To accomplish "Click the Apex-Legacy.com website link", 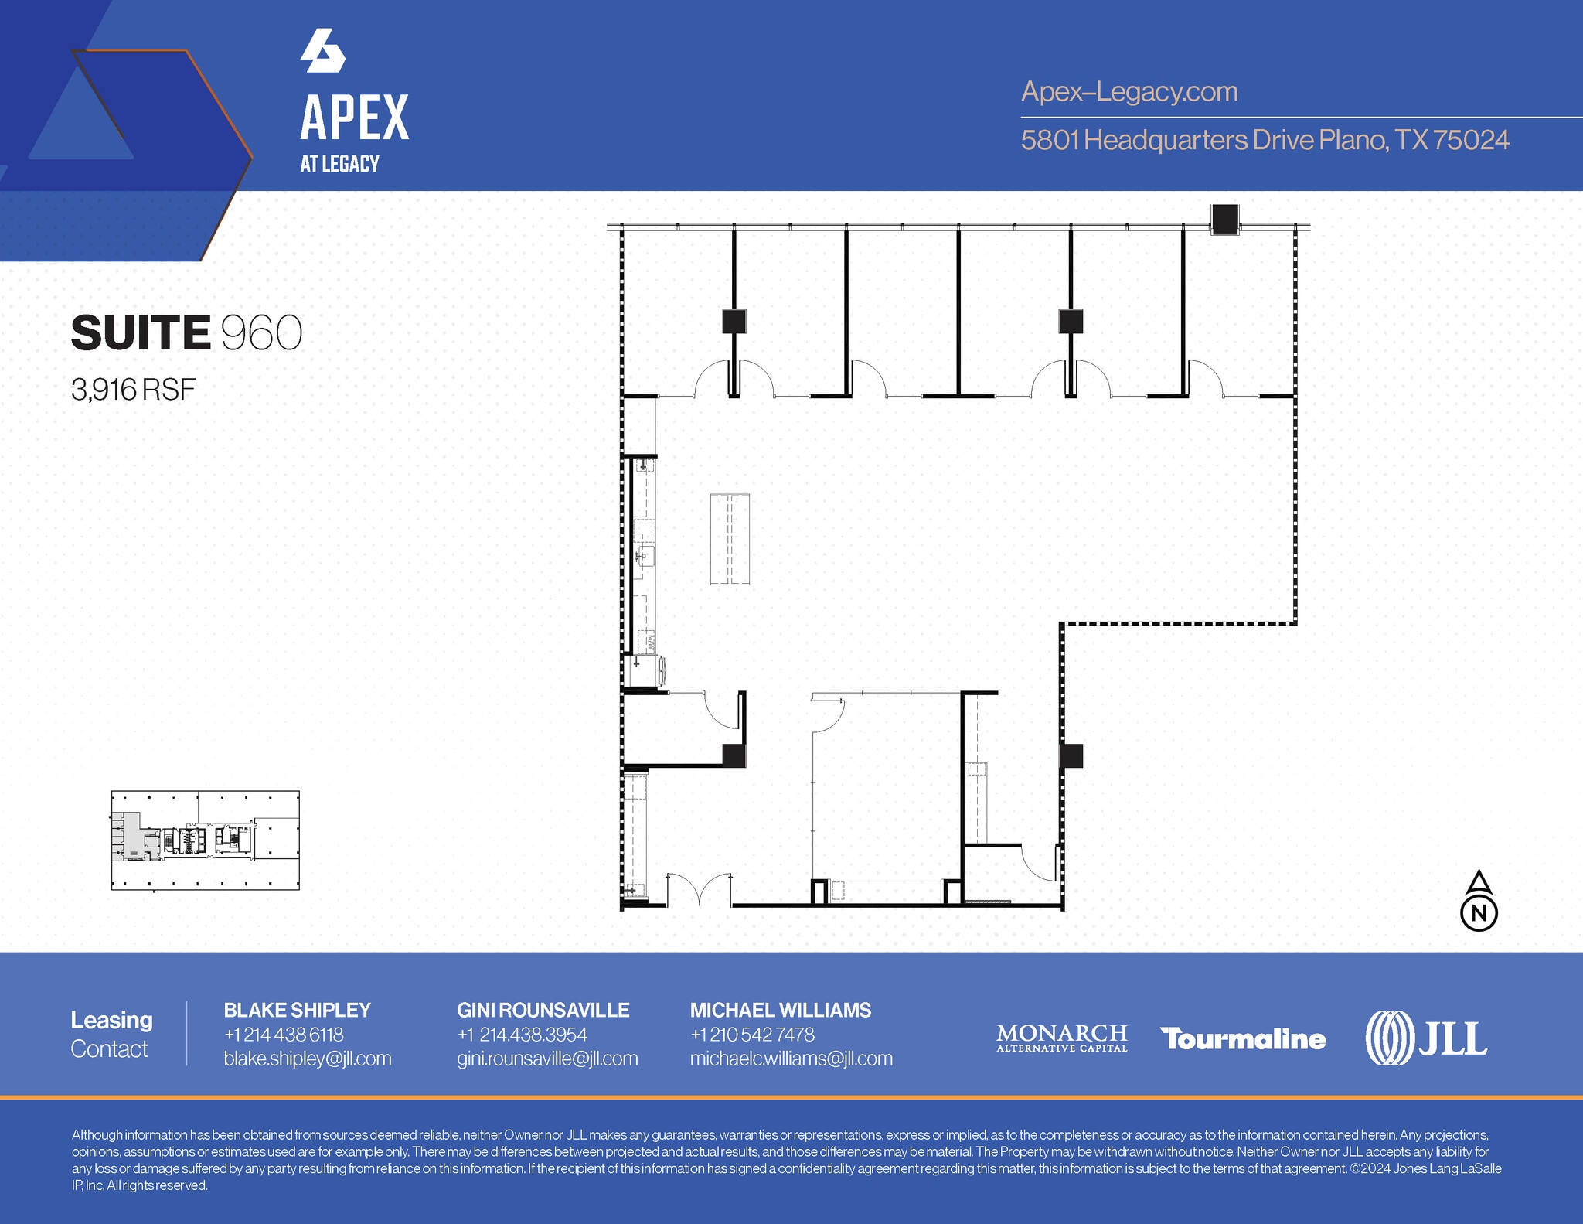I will pyautogui.click(x=1129, y=92).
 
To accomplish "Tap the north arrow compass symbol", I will pyautogui.click(x=1479, y=901).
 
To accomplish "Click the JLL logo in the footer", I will pyautogui.click(x=1426, y=1038).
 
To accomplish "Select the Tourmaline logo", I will pyautogui.click(x=1243, y=1039).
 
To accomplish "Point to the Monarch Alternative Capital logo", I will pyautogui.click(x=1061, y=1038).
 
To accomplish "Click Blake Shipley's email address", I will pyautogui.click(x=308, y=1059).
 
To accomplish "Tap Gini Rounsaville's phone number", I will pyautogui.click(x=522, y=1035).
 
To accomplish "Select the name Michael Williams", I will pyautogui.click(x=781, y=1010).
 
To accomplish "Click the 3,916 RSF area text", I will pyautogui.click(x=133, y=390).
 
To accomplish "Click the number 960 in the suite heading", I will pyautogui.click(x=261, y=333).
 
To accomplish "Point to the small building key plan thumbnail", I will pyautogui.click(x=205, y=840).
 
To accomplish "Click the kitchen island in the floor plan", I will pyautogui.click(x=730, y=539).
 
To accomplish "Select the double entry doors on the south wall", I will pyautogui.click(x=699, y=889).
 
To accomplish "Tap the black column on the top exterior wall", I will pyautogui.click(x=1224, y=220).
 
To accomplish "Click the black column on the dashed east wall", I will pyautogui.click(x=1071, y=755).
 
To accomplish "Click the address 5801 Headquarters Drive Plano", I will pyautogui.click(x=1265, y=140).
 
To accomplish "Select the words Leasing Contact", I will pyautogui.click(x=111, y=1035).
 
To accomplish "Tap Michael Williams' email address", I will pyautogui.click(x=791, y=1059).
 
